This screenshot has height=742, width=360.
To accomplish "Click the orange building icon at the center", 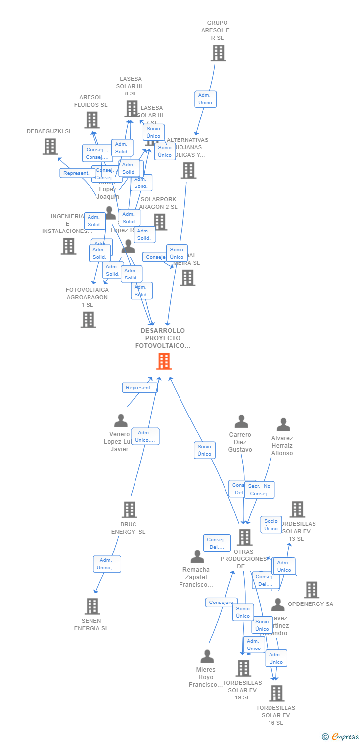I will click(164, 361).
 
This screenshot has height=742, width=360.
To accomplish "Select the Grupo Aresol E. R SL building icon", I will click(218, 53).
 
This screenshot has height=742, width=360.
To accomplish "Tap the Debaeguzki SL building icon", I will click(50, 146).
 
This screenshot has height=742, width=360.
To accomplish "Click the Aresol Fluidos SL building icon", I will click(91, 120).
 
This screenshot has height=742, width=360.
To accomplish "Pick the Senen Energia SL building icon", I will click(92, 606).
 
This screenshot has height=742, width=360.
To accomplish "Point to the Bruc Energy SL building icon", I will click(129, 510).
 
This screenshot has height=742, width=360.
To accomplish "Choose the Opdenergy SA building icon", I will click(312, 590).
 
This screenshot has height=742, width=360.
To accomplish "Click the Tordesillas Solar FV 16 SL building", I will click(277, 693).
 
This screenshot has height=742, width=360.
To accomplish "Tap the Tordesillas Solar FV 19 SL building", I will click(243, 668).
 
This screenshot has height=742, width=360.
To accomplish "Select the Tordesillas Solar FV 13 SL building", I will click(297, 509).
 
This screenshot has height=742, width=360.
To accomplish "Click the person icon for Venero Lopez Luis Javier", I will click(121, 421).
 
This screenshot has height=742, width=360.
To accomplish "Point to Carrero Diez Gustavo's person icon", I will click(241, 421).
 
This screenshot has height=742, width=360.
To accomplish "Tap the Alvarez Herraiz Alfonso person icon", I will click(283, 425).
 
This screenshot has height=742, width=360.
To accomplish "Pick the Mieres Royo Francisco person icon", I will click(207, 656).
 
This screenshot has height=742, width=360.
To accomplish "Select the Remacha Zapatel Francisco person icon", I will click(197, 556).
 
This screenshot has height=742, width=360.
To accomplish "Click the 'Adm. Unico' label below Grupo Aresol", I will click(205, 99).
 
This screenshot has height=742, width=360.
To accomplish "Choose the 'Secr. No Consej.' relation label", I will click(259, 490).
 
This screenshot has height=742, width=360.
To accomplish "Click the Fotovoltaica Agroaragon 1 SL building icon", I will click(88, 320).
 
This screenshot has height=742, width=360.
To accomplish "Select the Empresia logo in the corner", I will click(341, 736).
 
